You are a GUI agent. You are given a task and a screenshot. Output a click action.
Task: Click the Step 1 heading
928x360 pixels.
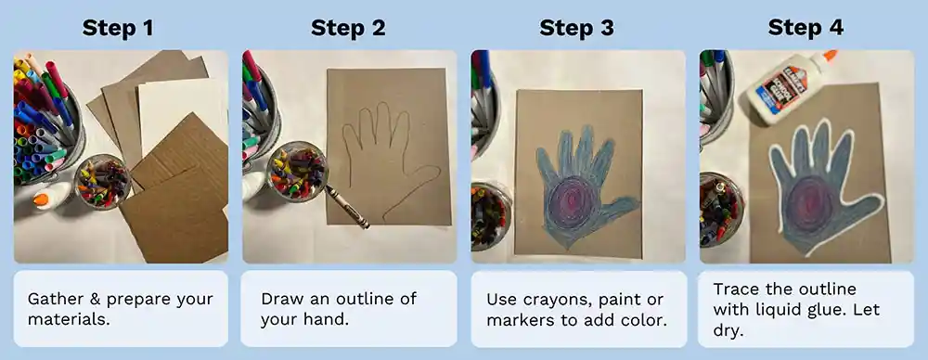point(119,27)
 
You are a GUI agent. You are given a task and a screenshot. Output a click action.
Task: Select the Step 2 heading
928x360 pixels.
point(348,27)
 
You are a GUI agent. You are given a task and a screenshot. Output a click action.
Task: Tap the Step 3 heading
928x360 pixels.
point(576,27)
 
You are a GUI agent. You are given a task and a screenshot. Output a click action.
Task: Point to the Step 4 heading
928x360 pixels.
point(806,27)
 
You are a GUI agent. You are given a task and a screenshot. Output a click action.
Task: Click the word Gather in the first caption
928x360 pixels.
point(55,299)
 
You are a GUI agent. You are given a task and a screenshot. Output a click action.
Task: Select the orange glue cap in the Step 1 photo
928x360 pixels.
point(41,199)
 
